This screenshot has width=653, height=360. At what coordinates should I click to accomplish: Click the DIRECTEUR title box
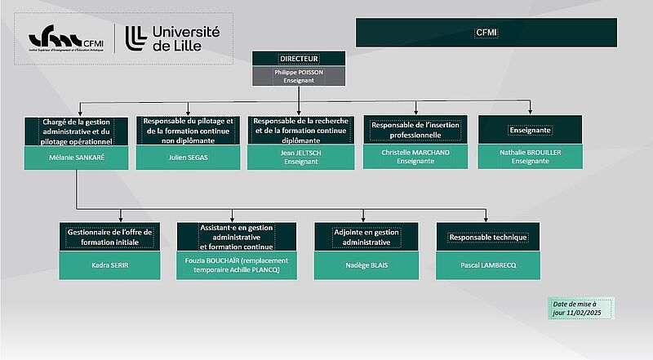(x=299, y=59)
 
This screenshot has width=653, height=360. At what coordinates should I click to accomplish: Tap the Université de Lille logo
(x=173, y=38)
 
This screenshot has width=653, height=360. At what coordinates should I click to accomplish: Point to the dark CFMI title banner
(x=486, y=33)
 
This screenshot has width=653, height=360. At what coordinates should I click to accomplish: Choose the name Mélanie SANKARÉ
(x=76, y=157)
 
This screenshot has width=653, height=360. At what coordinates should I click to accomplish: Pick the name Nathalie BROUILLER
(x=530, y=157)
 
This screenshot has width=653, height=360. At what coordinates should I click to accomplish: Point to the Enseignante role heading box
(x=530, y=130)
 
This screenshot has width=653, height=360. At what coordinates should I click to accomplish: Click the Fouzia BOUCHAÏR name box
(x=237, y=264)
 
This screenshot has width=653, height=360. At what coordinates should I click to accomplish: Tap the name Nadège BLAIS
(x=366, y=264)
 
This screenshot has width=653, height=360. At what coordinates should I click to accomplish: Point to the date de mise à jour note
(x=582, y=309)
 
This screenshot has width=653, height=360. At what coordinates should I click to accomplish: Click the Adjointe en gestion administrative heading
(x=366, y=237)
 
